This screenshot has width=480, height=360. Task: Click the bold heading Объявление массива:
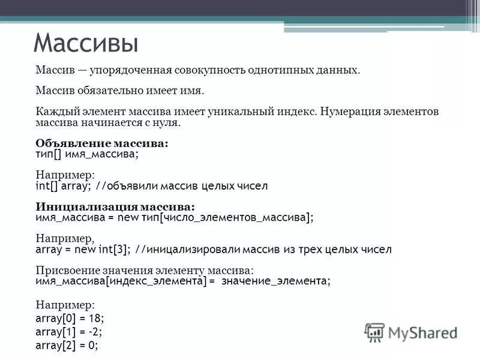click(x=103, y=143)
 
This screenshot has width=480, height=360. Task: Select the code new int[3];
click(x=107, y=250)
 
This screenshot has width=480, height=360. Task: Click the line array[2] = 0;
click(x=67, y=346)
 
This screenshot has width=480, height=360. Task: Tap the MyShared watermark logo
click(x=411, y=331)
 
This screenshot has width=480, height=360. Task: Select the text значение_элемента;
click(x=275, y=281)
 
